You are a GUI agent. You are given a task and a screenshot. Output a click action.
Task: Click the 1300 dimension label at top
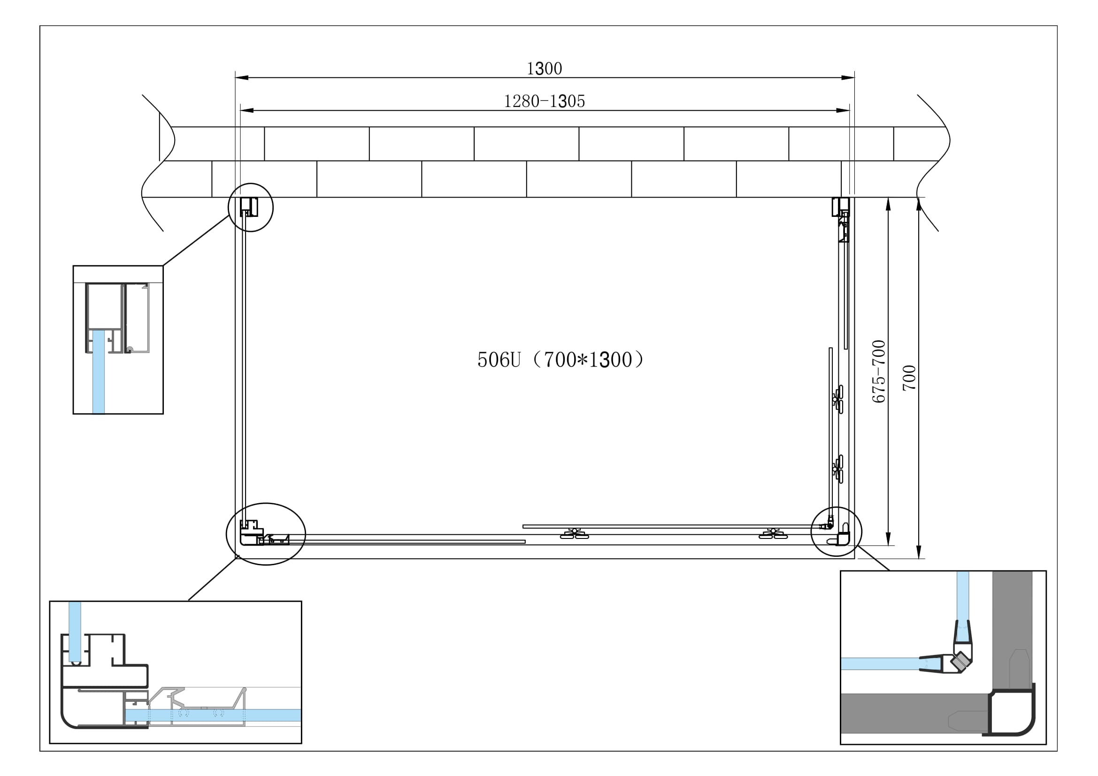544,69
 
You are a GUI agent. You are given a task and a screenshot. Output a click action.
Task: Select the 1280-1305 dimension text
544,101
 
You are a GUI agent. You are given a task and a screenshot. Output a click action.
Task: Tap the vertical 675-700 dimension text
878,371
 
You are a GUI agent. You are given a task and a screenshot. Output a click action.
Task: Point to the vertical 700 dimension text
909,378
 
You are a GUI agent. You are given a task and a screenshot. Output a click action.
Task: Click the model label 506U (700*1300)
561,360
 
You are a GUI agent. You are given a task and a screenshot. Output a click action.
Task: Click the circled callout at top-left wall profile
251,207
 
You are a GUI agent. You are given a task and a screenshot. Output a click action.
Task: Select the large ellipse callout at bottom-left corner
266,534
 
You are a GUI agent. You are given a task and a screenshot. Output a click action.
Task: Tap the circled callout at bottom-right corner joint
837,532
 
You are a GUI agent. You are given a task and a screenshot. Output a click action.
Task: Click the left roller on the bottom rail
574,534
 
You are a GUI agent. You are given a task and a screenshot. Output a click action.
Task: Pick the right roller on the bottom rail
773,534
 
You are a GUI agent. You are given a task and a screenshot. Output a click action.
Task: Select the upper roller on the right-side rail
838,399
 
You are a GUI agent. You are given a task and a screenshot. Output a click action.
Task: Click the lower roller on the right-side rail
838,469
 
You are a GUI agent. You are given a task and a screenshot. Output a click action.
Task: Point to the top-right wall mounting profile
840,207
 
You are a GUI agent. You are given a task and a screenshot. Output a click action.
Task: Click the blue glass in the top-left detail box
99,370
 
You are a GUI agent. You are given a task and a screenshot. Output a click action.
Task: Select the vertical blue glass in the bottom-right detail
963,595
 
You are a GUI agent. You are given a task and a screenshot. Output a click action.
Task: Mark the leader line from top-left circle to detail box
196,240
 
